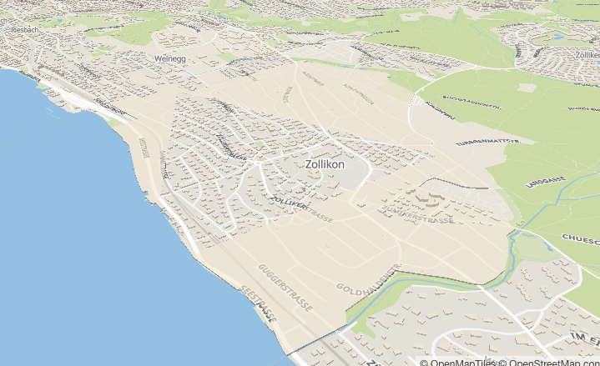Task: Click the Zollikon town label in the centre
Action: tap(325, 165)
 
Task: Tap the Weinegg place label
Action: tap(169, 59)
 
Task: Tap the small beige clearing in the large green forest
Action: tap(527, 88)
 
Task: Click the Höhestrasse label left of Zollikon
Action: tap(229, 147)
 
